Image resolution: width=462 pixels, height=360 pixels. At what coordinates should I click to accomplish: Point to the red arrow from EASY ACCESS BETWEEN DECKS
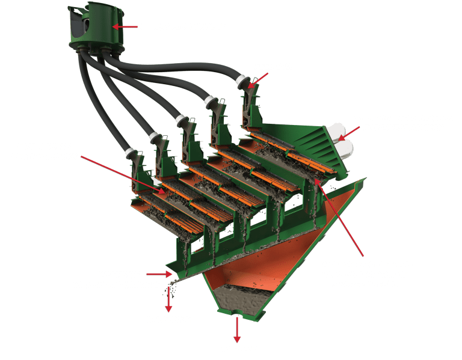coord(120,173)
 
